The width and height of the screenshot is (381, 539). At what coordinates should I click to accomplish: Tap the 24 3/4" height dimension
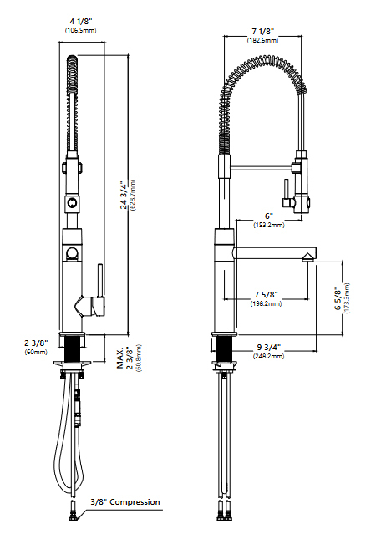coord(124,196)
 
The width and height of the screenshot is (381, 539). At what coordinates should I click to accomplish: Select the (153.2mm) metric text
coord(268,225)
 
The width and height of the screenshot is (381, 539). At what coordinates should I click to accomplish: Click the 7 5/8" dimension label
coord(266,295)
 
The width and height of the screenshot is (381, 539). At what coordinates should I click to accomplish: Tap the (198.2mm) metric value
coord(266,304)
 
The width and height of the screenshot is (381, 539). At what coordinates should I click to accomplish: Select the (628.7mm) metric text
coord(133,196)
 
